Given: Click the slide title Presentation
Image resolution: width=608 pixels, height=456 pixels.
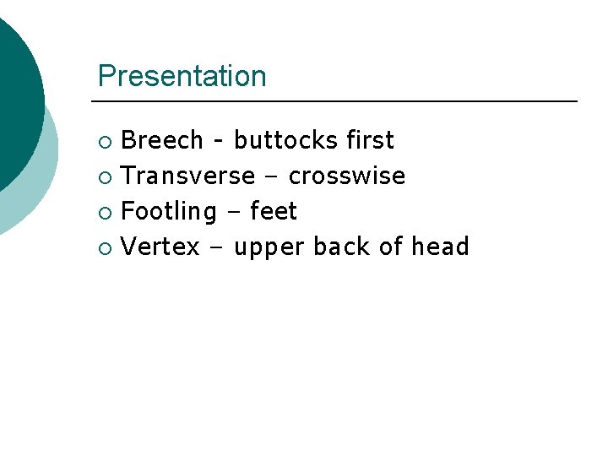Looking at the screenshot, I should click(x=182, y=76).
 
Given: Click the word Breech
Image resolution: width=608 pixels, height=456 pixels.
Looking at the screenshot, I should click(x=162, y=140).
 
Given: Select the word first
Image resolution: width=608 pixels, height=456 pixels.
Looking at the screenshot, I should click(x=370, y=140).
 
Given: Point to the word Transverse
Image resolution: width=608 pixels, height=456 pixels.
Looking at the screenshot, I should click(x=188, y=176).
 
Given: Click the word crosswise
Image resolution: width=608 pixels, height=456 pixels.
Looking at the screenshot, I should click(x=347, y=176).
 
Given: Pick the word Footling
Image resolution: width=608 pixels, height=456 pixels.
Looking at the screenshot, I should click(x=169, y=212).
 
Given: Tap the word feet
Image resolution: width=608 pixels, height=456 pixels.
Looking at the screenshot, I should click(x=274, y=211).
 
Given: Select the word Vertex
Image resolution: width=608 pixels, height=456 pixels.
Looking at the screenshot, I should click(x=160, y=247).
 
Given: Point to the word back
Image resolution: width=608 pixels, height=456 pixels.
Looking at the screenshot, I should click(x=343, y=247).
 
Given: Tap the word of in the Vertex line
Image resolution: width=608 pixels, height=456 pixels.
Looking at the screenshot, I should click(x=392, y=247).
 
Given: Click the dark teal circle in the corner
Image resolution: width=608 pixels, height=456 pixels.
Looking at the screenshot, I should click(x=13, y=93).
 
